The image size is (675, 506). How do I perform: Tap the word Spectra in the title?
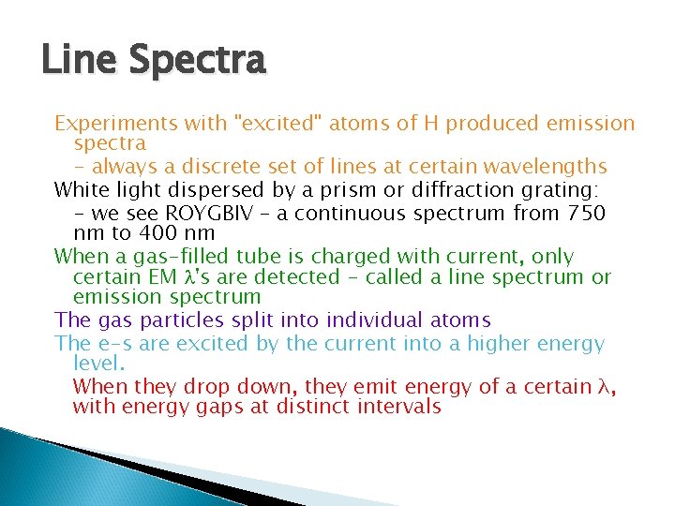coord(198,62)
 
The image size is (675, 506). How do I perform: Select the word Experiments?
coord(103,124)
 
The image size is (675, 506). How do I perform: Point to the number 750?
coord(585,213)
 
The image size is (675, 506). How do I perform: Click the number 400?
coord(145,232)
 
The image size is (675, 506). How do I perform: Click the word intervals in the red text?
coord(400,407)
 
